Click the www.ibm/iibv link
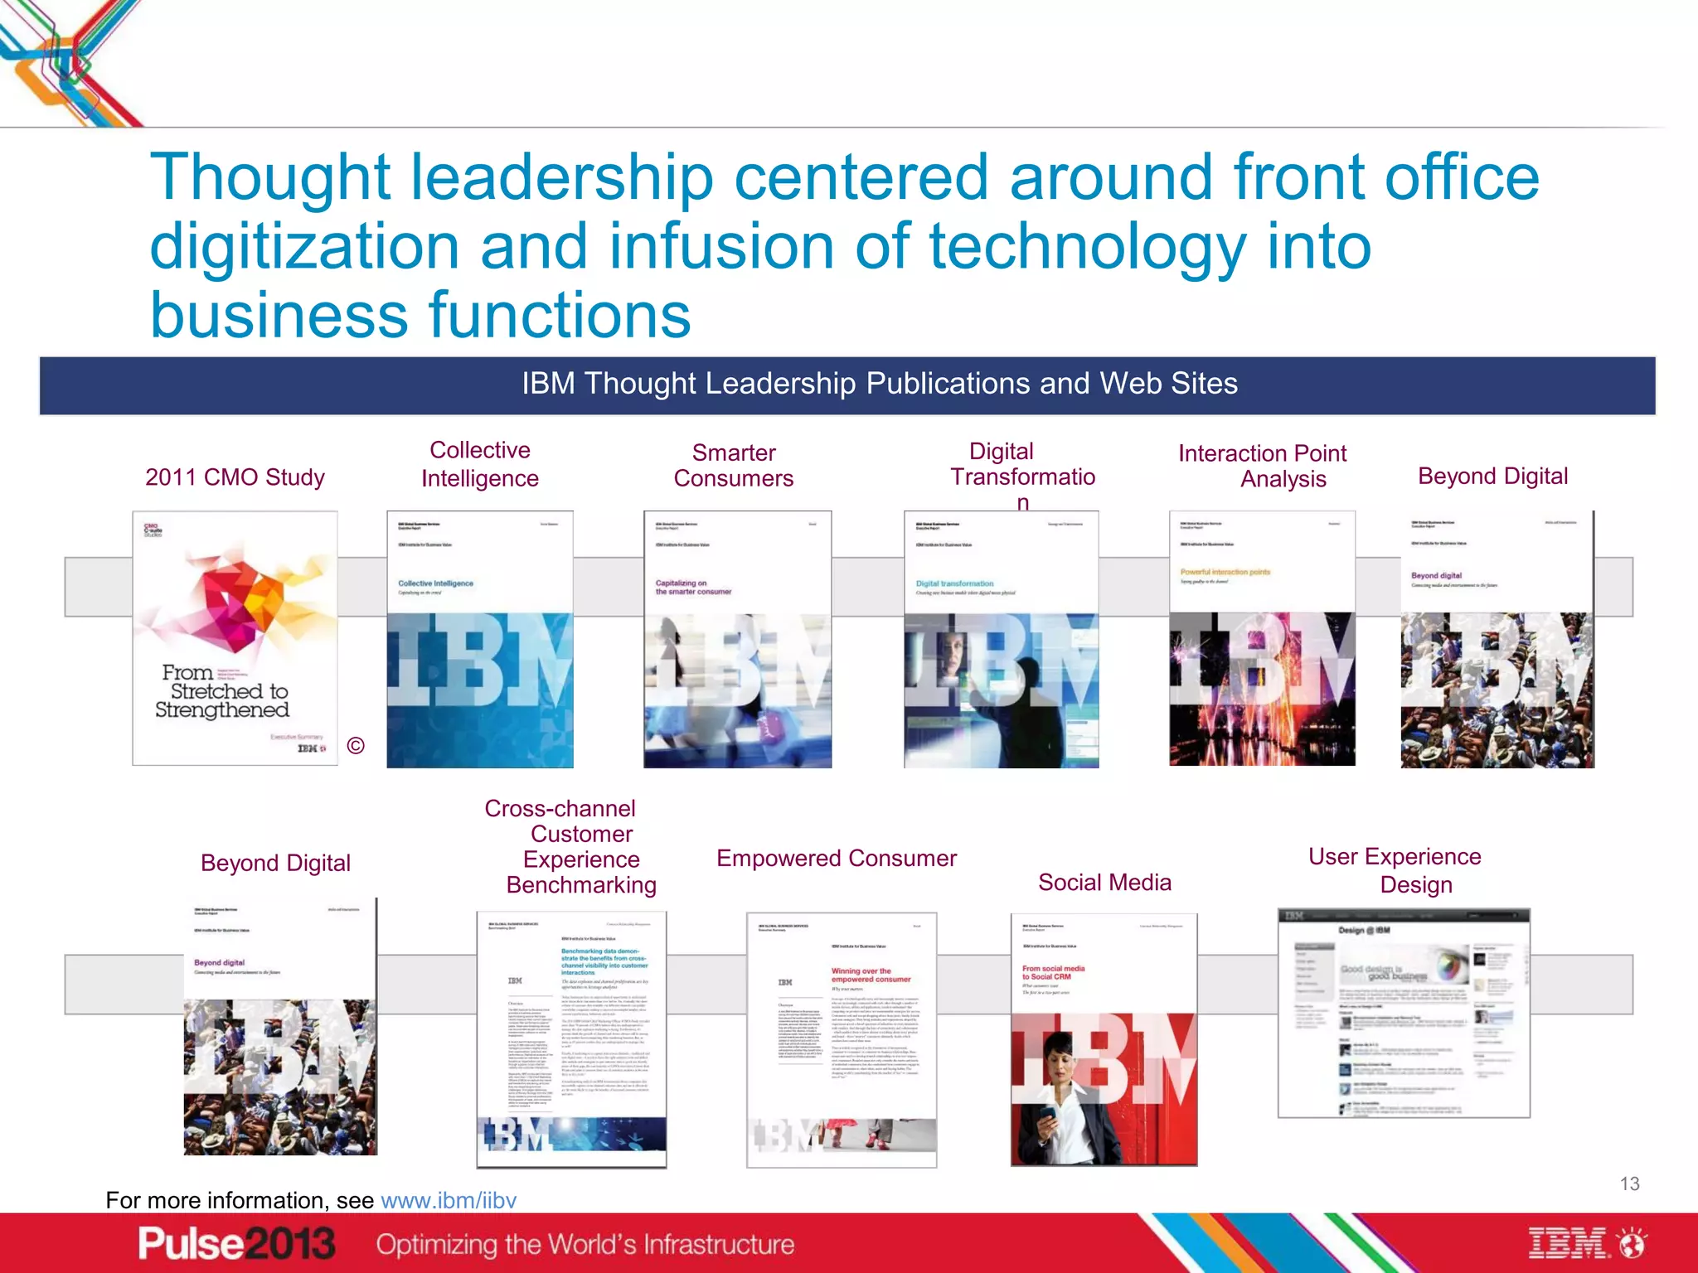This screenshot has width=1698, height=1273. coord(448,1200)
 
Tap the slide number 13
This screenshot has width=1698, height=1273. coord(1629,1183)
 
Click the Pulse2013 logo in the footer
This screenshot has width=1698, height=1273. coord(236,1244)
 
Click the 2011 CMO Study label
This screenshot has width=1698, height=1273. coord(235,477)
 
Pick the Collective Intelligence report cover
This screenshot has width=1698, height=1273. coord(479,639)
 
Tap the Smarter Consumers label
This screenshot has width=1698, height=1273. coord(734,465)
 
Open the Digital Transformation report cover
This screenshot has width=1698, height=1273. coord(1001,639)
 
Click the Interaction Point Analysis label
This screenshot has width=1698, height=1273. coord(1262,466)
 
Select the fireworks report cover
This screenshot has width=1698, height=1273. coord(1261,638)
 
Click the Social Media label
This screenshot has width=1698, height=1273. coord(1104,883)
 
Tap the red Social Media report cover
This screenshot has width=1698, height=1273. coord(1104,1039)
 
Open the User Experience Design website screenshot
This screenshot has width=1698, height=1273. coord(1403,1013)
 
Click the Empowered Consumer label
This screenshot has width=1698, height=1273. coord(836,859)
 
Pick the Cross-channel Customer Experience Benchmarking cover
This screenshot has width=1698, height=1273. coord(571,1039)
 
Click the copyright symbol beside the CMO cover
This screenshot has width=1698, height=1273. coord(356,746)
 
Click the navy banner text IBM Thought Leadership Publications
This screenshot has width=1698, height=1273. coord(879,384)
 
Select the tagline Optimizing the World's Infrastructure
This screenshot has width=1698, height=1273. coord(585,1244)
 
